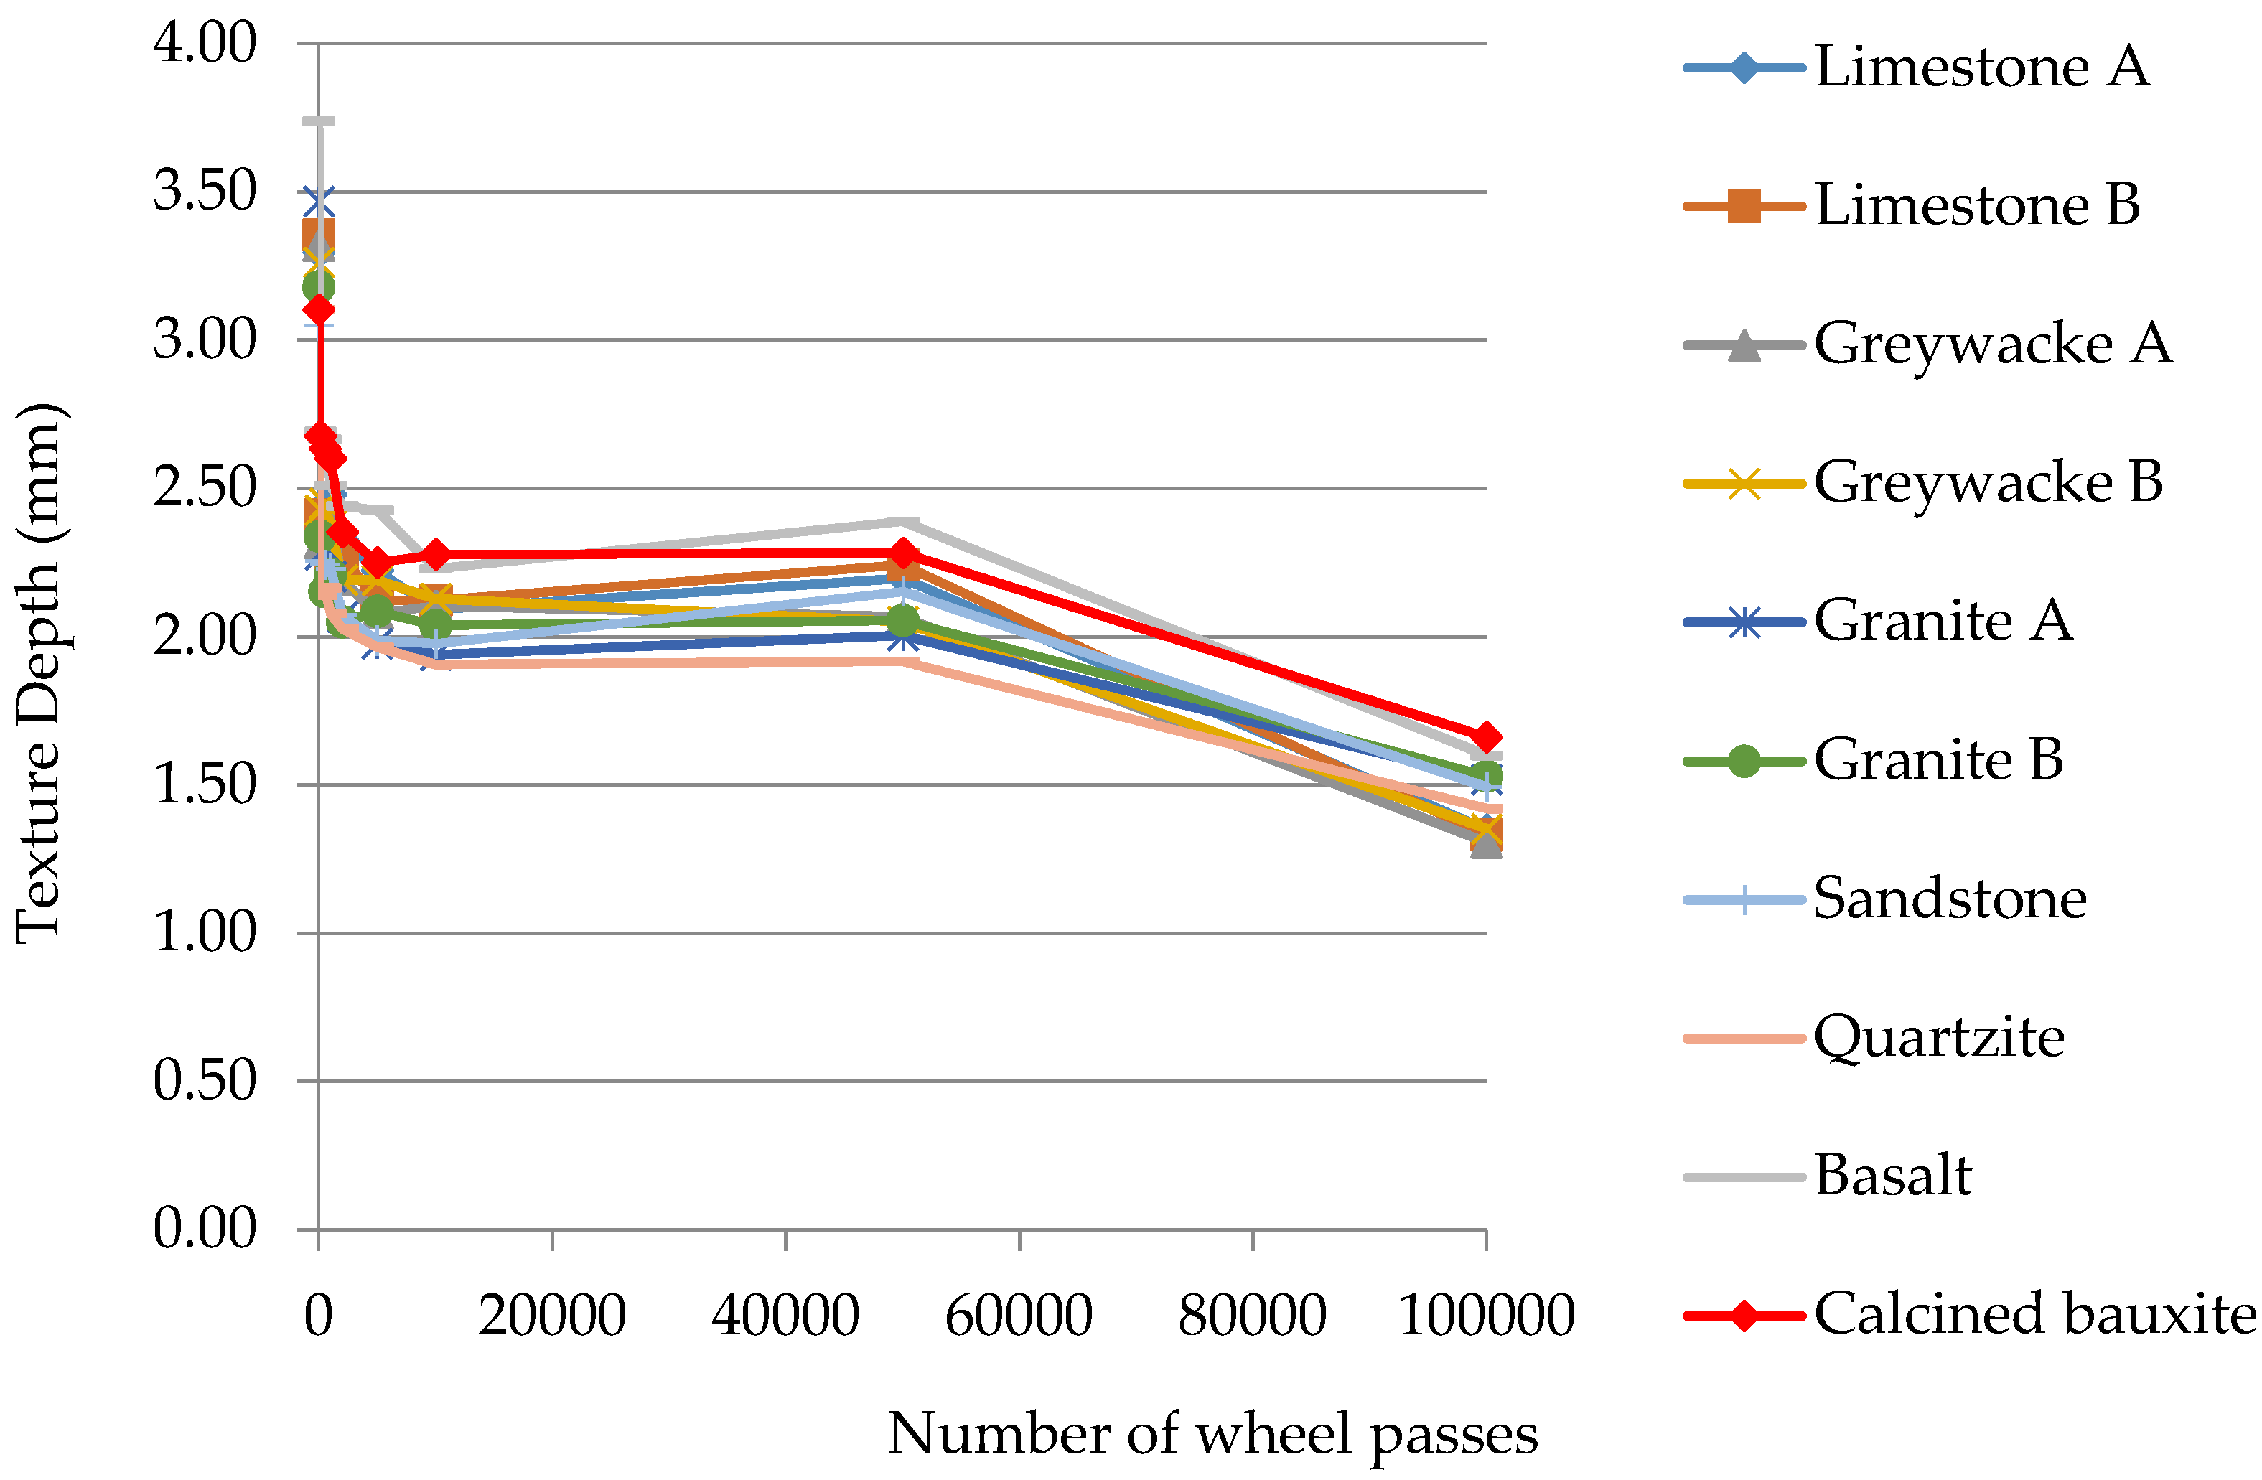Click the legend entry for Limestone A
click(1981, 67)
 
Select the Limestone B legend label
click(1977, 205)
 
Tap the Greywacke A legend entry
click(1992, 344)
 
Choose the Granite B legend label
click(1938, 759)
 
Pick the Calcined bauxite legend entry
click(2034, 1315)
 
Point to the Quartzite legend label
click(1939, 1037)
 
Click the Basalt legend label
click(1892, 1176)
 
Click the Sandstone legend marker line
click(1743, 899)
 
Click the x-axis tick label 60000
click(1018, 1316)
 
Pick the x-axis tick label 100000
click(1485, 1316)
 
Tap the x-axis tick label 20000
click(551, 1316)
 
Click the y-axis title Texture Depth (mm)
click(40, 673)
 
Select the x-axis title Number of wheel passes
click(1212, 1434)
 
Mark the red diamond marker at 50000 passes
click(903, 553)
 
